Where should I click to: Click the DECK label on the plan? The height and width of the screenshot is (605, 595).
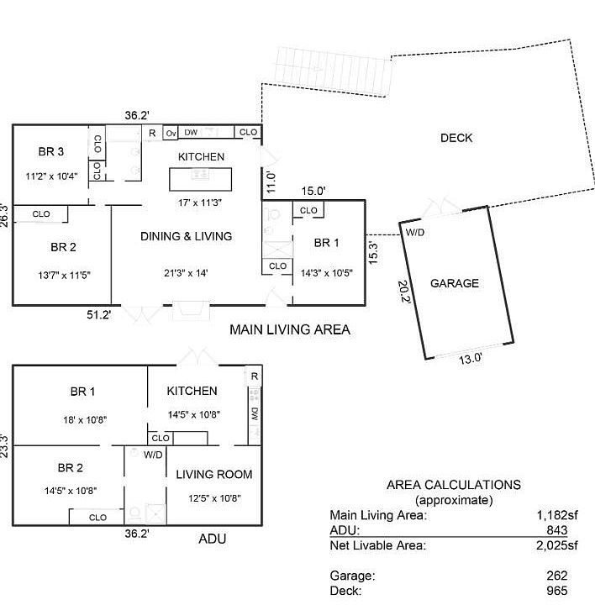pos(456,138)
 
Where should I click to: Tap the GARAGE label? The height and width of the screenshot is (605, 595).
pos(455,283)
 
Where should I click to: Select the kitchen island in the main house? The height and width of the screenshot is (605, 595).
pos(201,179)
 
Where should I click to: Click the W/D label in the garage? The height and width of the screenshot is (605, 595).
pos(415,232)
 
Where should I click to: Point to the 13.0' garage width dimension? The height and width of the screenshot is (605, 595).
pos(470,358)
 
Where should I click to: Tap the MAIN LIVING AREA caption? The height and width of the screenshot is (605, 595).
pos(290,330)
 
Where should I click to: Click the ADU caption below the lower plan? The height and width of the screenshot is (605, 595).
pos(212,539)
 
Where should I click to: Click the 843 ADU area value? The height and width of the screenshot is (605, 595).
pos(556,530)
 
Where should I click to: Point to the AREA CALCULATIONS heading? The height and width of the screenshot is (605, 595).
pos(453,485)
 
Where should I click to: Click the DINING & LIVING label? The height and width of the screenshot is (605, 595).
pos(186,236)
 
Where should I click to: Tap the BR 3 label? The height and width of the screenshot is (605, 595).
pos(50,152)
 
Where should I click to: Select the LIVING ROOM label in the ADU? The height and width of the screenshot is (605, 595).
pos(214,474)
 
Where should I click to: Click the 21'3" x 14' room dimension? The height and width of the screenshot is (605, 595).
pos(185,272)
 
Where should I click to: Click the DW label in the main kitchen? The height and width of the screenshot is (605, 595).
pos(191,133)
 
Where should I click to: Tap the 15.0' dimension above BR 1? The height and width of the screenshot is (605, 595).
pos(313,192)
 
